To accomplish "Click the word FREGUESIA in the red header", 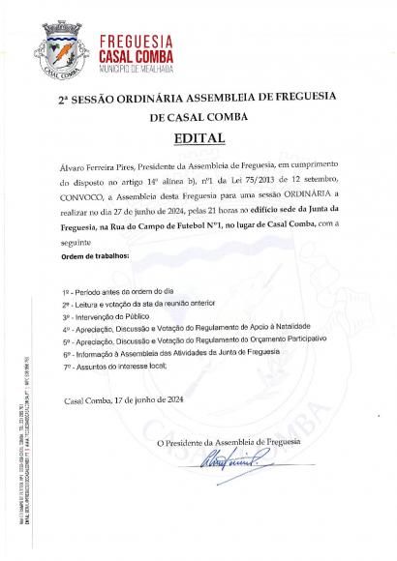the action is click(137, 41).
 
